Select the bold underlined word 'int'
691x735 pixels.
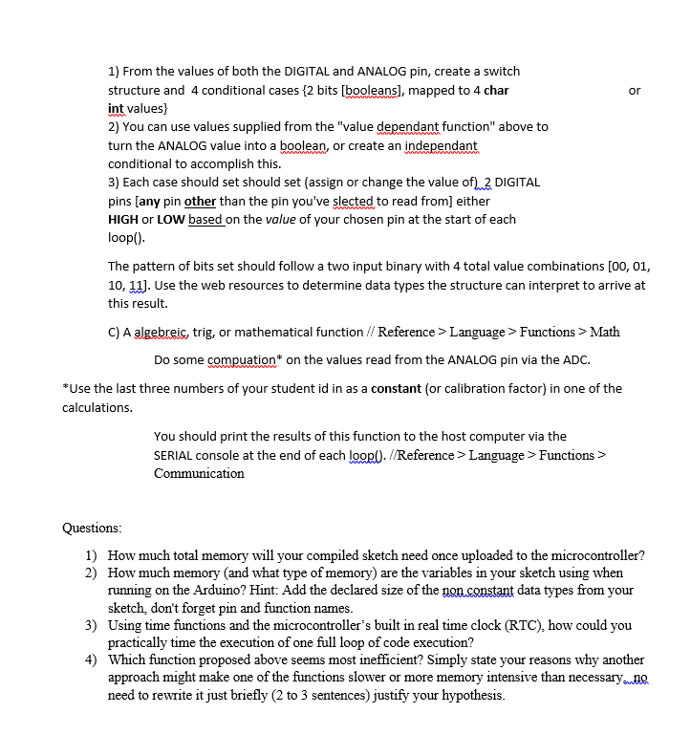pos(117,109)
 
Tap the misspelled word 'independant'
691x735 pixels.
pos(441,145)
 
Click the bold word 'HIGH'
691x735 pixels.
pos(123,219)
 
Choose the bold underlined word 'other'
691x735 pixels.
pos(200,201)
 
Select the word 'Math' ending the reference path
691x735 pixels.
pos(605,332)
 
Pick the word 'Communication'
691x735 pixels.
pos(199,473)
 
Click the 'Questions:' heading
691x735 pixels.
pos(92,528)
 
